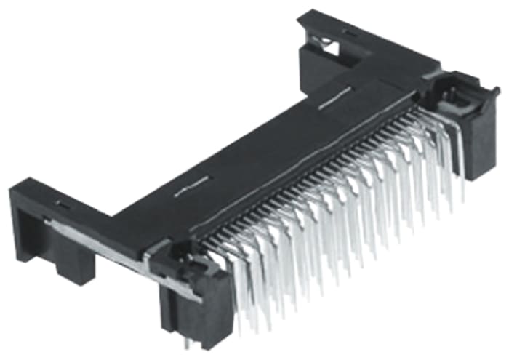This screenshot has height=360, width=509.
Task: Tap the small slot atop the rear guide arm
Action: point(348,33)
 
